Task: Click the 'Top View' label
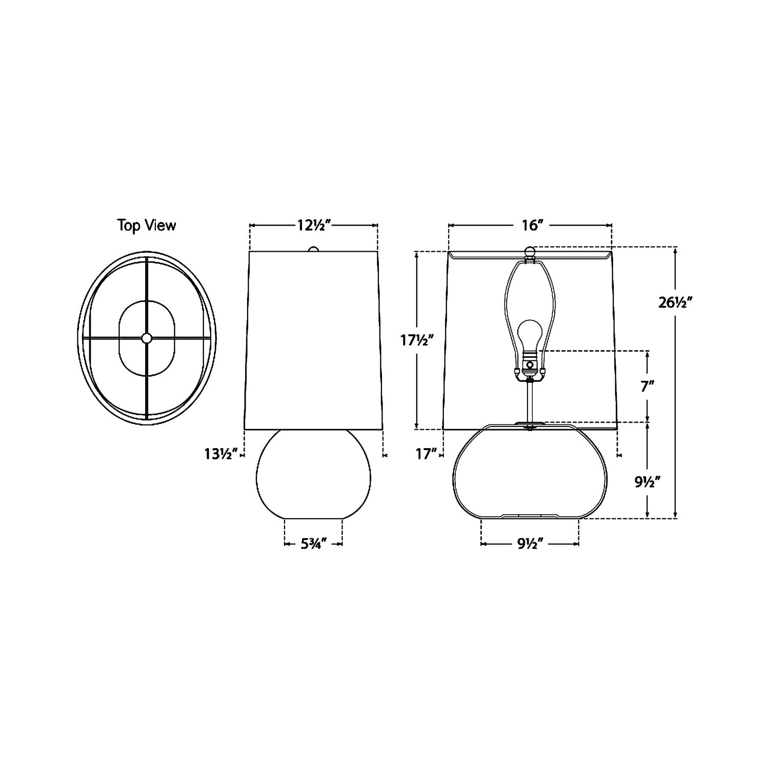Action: pos(147,225)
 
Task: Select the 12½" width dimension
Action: pos(313,225)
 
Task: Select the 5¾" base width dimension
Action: pos(313,544)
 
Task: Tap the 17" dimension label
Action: pos(427,454)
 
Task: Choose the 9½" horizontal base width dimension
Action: pos(530,544)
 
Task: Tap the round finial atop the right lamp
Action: pos(530,251)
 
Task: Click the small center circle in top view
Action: pos(147,338)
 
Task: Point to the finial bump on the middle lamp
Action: pos(313,249)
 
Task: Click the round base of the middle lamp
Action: pos(313,474)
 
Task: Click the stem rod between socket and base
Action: pos(530,402)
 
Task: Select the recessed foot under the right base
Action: pos(530,515)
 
